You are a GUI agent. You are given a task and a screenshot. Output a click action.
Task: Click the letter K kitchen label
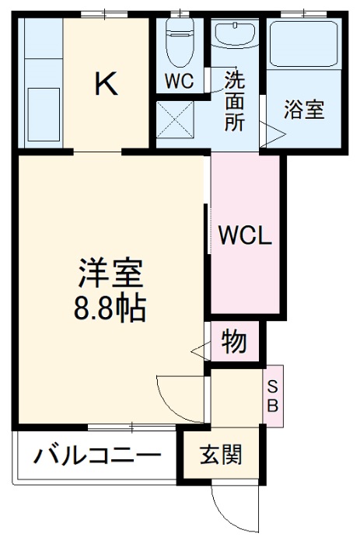[107, 84]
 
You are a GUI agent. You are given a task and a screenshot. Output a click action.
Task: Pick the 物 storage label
[234, 340]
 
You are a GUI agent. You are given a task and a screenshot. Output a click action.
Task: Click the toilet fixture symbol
[180, 36]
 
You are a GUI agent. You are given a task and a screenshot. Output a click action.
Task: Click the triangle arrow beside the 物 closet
[198, 350]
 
